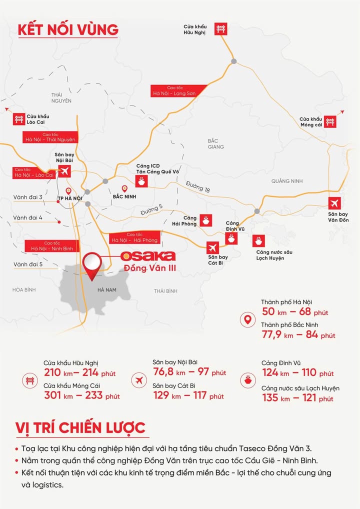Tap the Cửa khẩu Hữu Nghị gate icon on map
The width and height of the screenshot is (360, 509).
(220, 28)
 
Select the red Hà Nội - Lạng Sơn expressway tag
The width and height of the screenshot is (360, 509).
(173, 90)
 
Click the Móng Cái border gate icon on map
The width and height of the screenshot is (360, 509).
(329, 121)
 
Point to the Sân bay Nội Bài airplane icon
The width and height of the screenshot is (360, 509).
(64, 171)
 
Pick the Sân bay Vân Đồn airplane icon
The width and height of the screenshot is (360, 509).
(335, 203)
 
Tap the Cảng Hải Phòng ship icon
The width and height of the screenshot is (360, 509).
(205, 220)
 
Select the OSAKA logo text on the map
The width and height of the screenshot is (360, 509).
(148, 256)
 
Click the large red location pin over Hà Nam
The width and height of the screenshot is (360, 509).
(92, 265)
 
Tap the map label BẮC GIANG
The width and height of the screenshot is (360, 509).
(216, 144)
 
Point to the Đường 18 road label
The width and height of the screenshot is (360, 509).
(197, 187)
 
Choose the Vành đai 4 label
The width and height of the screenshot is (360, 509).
(28, 218)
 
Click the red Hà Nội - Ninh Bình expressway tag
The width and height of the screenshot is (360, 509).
(51, 245)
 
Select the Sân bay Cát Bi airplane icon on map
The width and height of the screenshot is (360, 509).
(213, 247)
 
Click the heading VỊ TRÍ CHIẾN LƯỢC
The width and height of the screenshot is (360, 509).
(80, 428)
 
